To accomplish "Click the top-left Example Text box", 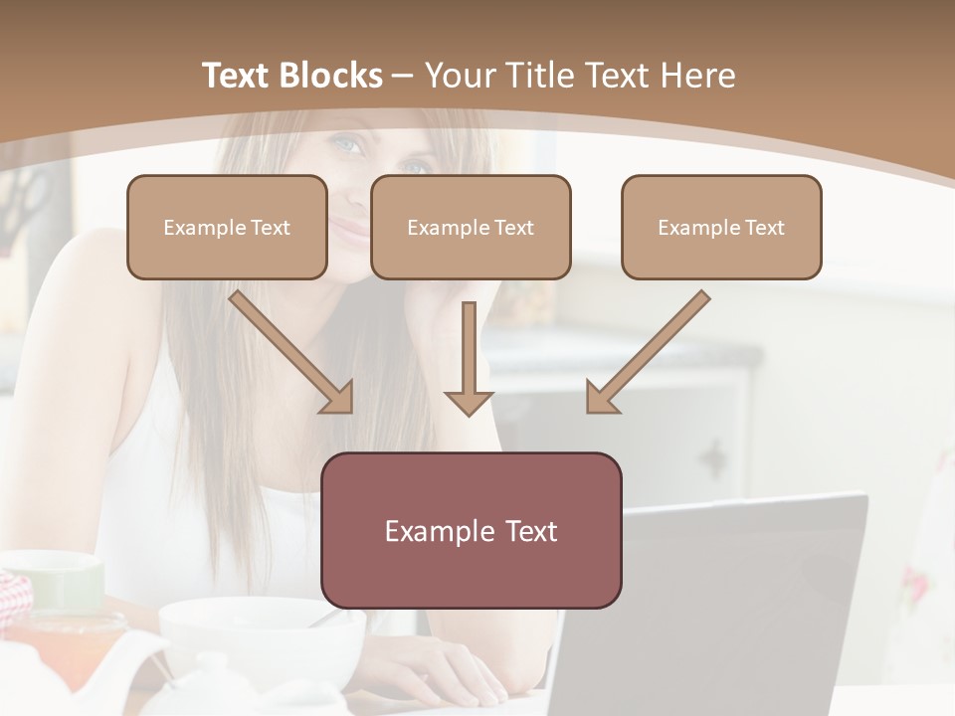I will pyautogui.click(x=227, y=227).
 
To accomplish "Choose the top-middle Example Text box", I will pyautogui.click(x=471, y=227).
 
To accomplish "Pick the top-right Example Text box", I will pyautogui.click(x=721, y=227).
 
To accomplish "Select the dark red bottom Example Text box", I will pyautogui.click(x=471, y=530).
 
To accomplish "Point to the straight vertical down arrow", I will pyautogui.click(x=469, y=358).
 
